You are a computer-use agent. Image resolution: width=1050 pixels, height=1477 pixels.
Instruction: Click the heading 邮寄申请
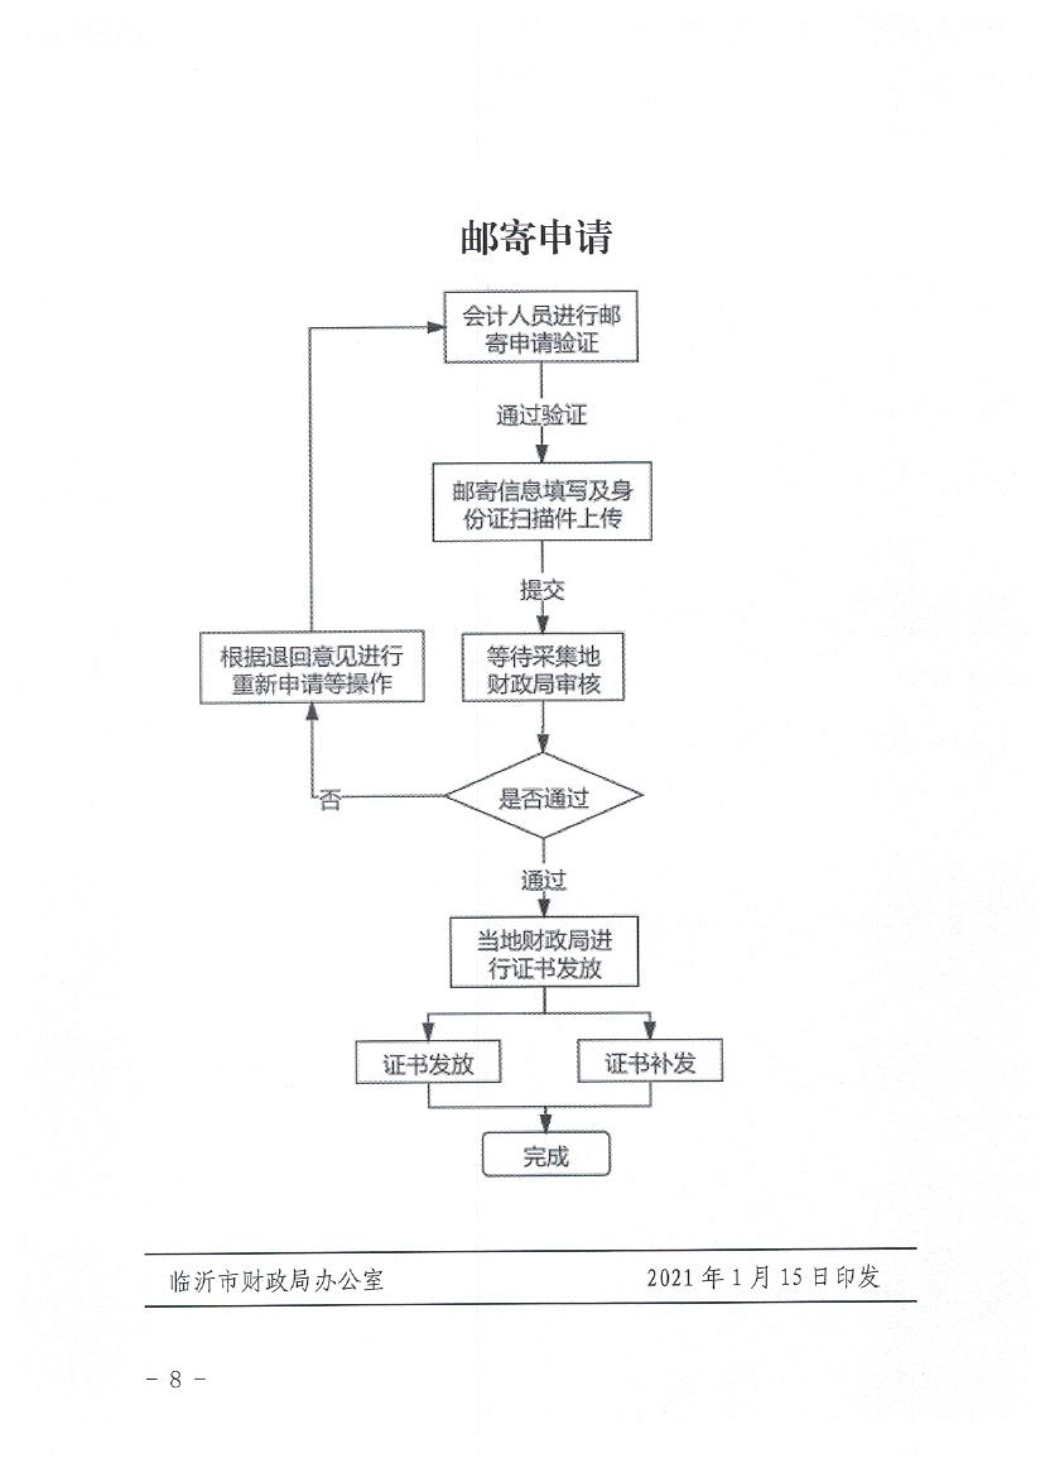pyautogui.click(x=536, y=237)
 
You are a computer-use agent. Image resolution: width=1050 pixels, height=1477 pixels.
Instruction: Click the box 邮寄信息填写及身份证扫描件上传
pyautogui.click(x=542, y=502)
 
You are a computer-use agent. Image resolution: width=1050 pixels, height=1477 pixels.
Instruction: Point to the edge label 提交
pyautogui.click(x=542, y=589)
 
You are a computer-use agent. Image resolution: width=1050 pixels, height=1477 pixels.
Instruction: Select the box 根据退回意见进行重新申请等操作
pyautogui.click(x=312, y=667)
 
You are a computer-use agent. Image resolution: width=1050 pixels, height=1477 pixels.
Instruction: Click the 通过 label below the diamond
pyautogui.click(x=543, y=880)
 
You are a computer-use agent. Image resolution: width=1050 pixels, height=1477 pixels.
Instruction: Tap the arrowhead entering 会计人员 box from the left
pyautogui.click(x=436, y=328)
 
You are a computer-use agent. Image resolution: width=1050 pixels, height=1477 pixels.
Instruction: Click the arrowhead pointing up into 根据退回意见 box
pyautogui.click(x=312, y=711)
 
